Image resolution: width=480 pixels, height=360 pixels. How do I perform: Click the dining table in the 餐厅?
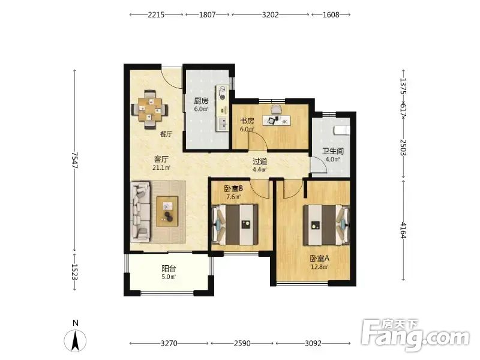coord(149,109)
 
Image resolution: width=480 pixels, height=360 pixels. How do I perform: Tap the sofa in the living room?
coord(140,212)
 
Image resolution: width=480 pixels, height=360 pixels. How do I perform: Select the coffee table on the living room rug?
coord(167,212)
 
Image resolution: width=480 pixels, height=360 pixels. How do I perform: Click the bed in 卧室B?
coord(235,224)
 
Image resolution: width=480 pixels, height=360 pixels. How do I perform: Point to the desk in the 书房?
coord(277,120)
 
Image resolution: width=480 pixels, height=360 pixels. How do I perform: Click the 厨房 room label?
coord(201,101)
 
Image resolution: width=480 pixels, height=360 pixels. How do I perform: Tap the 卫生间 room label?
coord(333,151)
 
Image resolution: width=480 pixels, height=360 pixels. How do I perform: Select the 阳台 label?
coord(169,268)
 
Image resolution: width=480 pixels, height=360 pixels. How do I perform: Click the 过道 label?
coord(260,161)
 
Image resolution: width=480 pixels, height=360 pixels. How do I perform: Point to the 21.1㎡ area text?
coord(161,167)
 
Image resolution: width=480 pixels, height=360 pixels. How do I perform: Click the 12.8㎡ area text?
coord(319,266)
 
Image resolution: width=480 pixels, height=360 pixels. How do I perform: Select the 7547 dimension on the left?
coord(74,160)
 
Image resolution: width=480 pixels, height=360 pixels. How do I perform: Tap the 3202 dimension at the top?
coord(271,14)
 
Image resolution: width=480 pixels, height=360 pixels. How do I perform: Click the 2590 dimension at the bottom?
coord(242,343)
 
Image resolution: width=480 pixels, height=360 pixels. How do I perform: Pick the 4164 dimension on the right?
coord(403,230)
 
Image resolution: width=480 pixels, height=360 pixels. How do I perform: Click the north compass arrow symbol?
coord(75,340)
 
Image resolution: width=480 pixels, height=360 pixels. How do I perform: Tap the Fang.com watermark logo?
coord(415,335)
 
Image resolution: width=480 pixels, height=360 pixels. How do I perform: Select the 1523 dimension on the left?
coord(74,272)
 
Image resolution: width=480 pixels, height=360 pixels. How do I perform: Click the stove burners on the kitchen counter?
coord(222,93)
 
